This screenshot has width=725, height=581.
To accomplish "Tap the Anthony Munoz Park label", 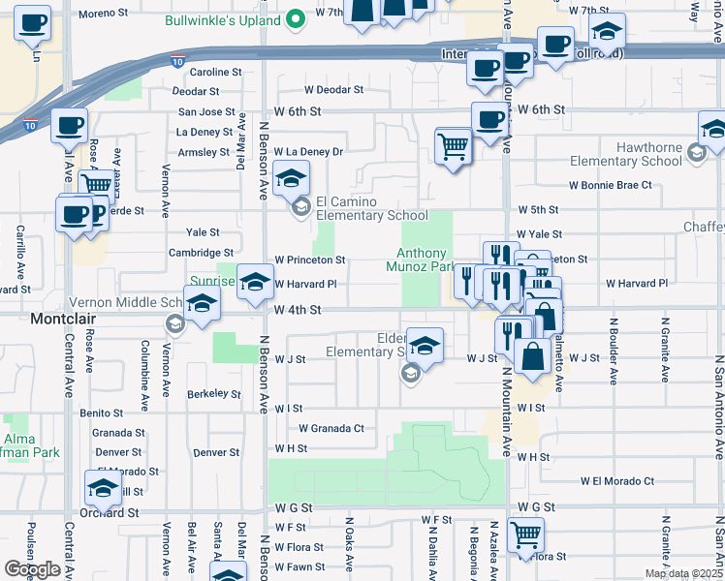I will point(421,259).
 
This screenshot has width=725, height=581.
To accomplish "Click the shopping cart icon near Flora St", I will point(524,535).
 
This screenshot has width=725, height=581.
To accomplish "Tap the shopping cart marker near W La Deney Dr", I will point(453,147).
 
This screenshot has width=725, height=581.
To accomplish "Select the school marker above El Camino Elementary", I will point(290,178).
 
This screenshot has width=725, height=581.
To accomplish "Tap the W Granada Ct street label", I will point(331,428).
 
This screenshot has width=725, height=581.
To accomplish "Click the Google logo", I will point(33,569).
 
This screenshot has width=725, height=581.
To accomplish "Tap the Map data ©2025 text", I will point(683,573).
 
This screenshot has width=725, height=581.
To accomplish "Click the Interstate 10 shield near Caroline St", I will point(176,61).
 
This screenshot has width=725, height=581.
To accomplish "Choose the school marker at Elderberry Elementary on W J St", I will point(425,345).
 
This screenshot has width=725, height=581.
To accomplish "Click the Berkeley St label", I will point(213,394).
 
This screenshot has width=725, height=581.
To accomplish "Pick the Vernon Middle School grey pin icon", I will point(174,323).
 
